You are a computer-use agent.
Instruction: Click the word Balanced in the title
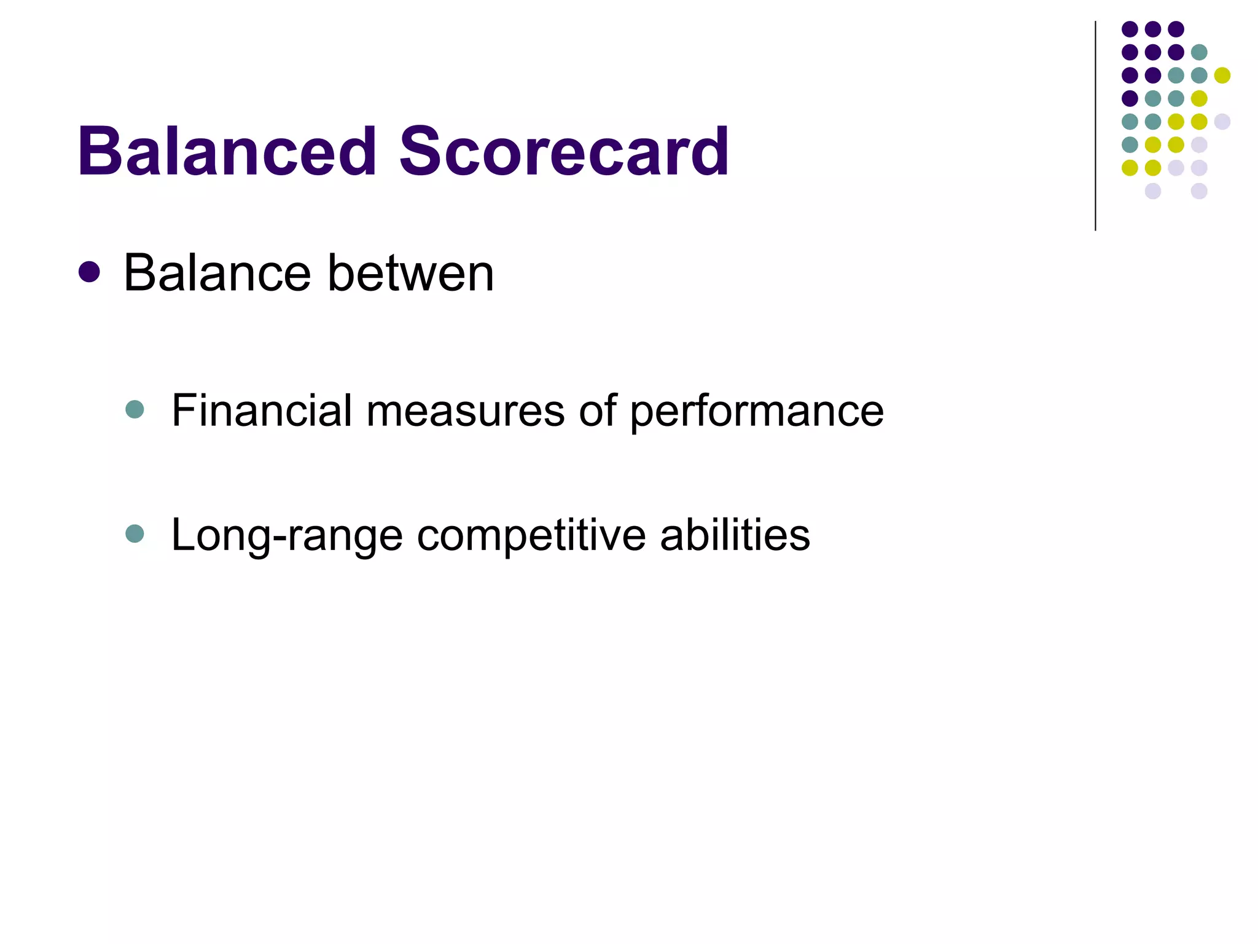227,151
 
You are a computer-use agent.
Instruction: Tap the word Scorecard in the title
564,151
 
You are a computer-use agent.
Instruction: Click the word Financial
261,410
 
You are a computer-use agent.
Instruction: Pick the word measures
465,410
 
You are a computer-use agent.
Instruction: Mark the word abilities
735,535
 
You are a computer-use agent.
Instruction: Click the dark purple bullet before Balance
90,272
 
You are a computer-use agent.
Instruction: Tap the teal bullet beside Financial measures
135,409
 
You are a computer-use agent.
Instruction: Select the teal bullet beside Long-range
135,533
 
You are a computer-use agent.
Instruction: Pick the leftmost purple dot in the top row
1130,29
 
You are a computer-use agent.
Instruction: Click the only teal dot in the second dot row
1199,52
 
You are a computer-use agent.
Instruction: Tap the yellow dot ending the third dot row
1222,75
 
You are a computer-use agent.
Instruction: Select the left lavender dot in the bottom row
1153,191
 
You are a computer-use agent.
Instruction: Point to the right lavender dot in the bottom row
1199,191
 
